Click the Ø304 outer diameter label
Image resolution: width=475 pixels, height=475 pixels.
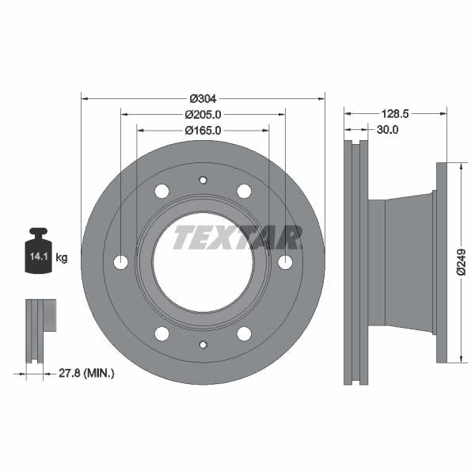[x=203, y=98]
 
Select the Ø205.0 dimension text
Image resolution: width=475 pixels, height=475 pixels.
[x=203, y=114]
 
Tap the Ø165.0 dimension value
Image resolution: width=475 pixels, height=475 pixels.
[x=203, y=130]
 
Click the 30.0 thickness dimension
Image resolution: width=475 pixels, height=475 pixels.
[x=387, y=130]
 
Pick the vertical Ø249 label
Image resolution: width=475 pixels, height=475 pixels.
[x=462, y=262]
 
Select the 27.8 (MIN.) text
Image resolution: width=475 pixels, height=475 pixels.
[x=87, y=371]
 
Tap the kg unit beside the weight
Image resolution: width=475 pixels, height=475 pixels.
[x=62, y=257]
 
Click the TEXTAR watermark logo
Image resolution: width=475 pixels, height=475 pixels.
[x=237, y=237]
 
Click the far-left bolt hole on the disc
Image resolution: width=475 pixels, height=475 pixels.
[x=121, y=262]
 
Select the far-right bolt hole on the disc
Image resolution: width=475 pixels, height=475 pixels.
[x=285, y=262]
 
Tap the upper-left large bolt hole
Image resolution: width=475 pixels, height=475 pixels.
[x=162, y=191]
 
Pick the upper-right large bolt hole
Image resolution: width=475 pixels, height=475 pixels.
[x=244, y=191]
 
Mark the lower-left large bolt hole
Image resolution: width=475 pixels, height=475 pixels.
[x=162, y=333]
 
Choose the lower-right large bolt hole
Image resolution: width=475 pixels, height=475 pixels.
[x=244, y=333]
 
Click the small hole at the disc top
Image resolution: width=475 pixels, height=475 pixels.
[x=203, y=180]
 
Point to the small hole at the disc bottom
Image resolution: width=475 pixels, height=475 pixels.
[x=203, y=344]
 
